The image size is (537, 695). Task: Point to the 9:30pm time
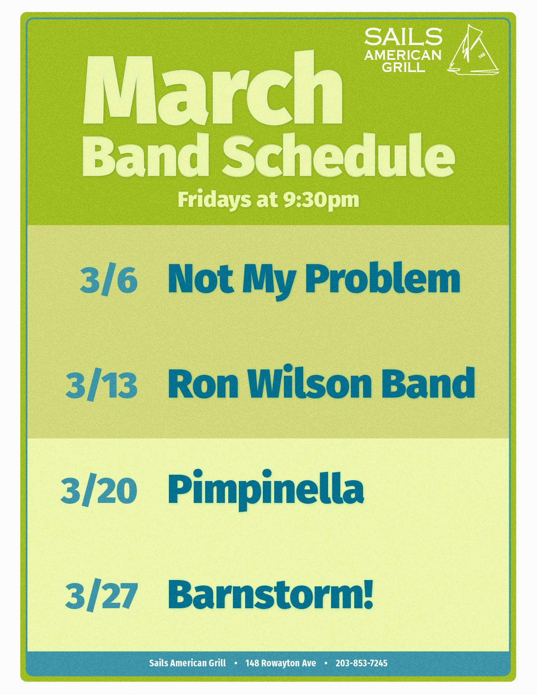point(321,200)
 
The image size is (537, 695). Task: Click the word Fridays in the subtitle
point(214,200)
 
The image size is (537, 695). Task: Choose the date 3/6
point(109,281)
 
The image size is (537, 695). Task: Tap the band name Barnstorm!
point(270,594)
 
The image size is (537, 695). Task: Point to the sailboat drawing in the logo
point(473,50)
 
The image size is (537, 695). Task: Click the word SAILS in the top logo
point(403,37)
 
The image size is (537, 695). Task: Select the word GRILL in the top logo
point(403,67)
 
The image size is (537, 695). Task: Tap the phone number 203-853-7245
point(361,663)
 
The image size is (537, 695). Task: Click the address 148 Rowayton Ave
point(281,663)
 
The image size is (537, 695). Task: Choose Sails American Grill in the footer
point(187,663)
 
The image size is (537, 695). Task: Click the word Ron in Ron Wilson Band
point(203,383)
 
